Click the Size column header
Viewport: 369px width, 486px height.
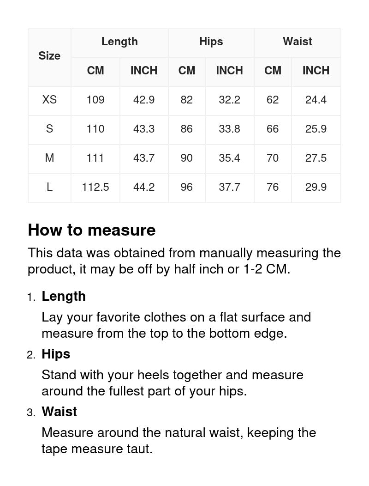49,56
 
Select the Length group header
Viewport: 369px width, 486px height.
119,42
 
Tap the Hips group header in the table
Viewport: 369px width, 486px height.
211,42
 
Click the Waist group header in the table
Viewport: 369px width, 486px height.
297,42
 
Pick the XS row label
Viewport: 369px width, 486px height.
49,99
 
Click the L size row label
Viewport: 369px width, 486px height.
49,187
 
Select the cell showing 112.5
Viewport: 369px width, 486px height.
95,187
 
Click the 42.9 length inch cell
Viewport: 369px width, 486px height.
143,99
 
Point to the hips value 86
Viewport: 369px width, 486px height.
186,129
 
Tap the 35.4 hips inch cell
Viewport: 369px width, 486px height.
229,158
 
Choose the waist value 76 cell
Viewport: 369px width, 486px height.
273,187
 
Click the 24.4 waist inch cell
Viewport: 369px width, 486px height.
315,99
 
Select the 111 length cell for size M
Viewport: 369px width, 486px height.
95,158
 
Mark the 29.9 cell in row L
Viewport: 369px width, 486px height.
315,187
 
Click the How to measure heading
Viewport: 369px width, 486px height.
92,230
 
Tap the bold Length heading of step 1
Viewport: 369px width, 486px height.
64,296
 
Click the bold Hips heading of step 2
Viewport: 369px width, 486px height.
56,354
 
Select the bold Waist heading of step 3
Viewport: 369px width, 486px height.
59,412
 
